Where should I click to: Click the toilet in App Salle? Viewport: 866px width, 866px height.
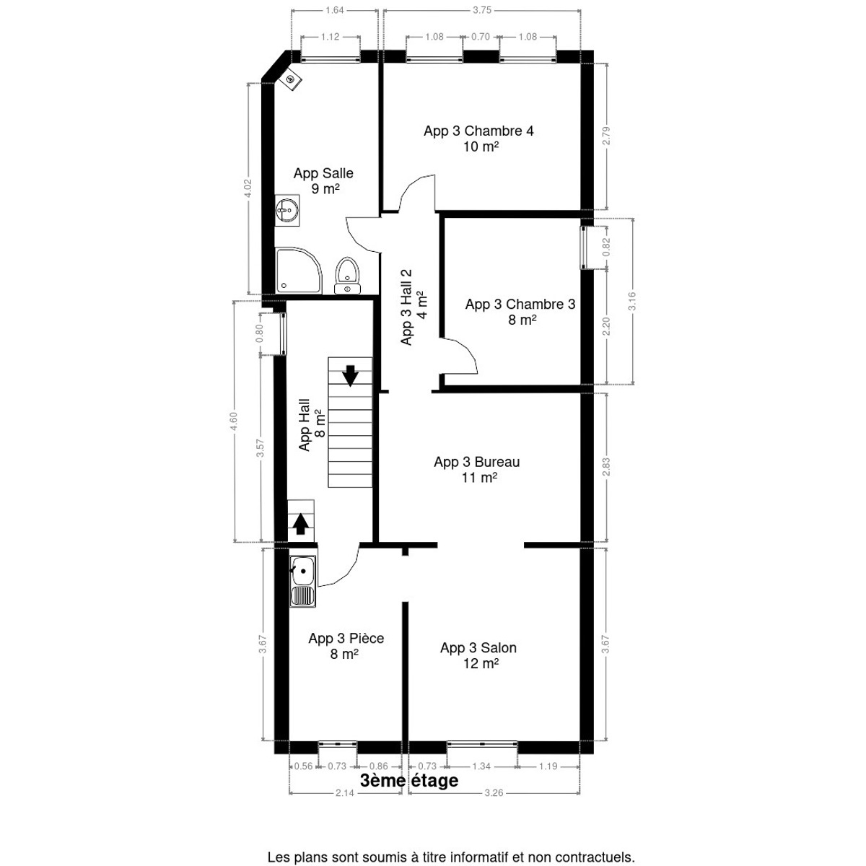coord(347,276)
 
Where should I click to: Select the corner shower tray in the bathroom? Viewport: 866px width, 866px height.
coord(298,271)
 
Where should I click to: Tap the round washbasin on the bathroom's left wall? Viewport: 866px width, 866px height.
coord(287,209)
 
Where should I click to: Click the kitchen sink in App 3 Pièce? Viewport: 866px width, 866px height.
coord(302,582)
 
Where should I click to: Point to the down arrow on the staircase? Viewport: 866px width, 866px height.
coord(349,376)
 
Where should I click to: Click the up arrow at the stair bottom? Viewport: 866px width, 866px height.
coord(301,524)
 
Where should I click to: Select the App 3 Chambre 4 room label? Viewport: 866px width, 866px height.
coord(478,139)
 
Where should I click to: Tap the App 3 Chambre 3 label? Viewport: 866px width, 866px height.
coord(520,312)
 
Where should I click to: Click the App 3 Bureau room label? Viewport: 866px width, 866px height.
coord(477,470)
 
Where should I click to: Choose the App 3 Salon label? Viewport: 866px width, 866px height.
coord(478,655)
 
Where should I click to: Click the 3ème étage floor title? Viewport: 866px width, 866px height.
coord(409,781)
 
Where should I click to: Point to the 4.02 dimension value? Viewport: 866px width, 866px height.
coord(248,188)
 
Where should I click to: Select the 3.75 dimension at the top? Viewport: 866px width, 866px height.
coord(482,10)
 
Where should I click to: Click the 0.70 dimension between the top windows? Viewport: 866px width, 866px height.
coord(481,37)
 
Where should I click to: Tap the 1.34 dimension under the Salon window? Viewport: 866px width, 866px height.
coord(481,766)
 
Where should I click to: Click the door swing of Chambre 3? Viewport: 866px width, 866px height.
coord(460,356)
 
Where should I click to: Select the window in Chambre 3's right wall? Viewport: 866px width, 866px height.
coord(583,248)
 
